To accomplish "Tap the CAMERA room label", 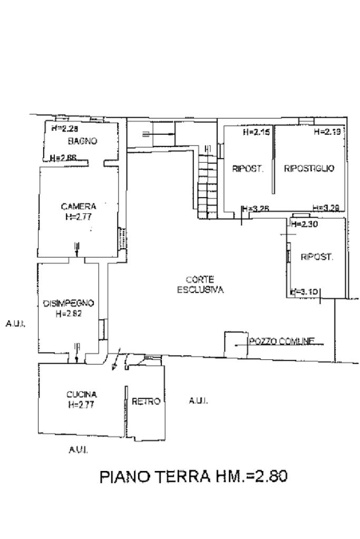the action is click(x=78, y=206).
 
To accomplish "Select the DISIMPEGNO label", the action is click(x=68, y=303).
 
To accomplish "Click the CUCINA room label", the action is click(x=81, y=394).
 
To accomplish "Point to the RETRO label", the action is click(x=146, y=401).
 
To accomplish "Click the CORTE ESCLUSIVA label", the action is click(x=200, y=285).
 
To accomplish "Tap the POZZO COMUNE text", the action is click(x=281, y=341).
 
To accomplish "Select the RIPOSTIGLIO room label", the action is click(x=309, y=169).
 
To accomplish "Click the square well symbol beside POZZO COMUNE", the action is click(x=235, y=345).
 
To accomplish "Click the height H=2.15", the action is click(x=256, y=132).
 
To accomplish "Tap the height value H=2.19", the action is click(x=327, y=132).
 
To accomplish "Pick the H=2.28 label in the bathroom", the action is click(x=64, y=128).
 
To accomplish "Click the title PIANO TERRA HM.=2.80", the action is click(x=193, y=477).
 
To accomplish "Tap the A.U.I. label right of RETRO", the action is click(x=198, y=401).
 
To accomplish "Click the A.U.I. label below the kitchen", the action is click(x=78, y=450).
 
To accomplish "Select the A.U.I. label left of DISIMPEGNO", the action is click(x=15, y=324).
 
